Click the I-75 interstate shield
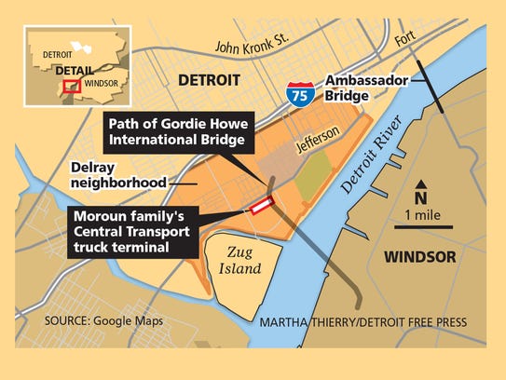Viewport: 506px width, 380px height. tap(297, 92)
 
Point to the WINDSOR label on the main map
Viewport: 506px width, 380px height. tap(421, 255)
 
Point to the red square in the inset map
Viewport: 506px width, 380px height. tap(68, 87)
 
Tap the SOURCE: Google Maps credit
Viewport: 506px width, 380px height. tap(103, 320)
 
